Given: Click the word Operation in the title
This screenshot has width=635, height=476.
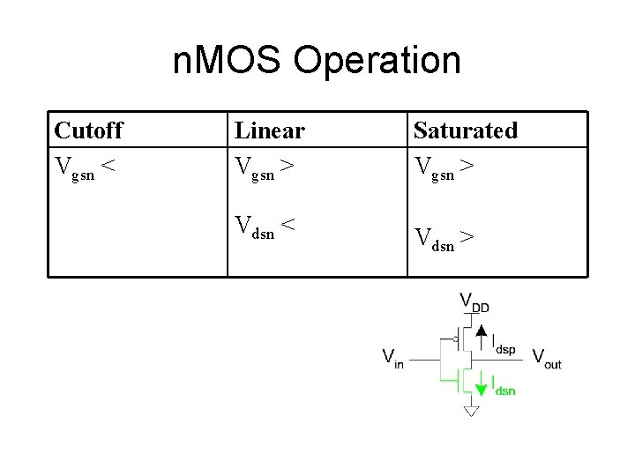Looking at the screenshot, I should coord(377,61).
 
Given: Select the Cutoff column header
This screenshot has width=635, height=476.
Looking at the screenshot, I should coord(88,130).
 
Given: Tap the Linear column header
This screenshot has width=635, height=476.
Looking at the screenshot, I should coord(269,130).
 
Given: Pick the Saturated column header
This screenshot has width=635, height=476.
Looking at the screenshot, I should coord(465,130).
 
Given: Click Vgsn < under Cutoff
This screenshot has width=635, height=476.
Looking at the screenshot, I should coord(86,167).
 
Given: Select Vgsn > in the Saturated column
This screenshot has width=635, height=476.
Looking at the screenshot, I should coord(445,167).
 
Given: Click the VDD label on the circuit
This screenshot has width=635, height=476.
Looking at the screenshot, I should coord(474,302).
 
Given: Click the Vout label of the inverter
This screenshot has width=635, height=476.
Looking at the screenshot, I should coord(546,358).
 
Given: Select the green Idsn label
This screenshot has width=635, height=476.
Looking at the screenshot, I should coord(504,386).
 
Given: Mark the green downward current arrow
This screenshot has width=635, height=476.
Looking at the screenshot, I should coord(481,384).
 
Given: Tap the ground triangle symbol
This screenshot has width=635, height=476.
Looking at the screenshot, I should coord(471,411).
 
